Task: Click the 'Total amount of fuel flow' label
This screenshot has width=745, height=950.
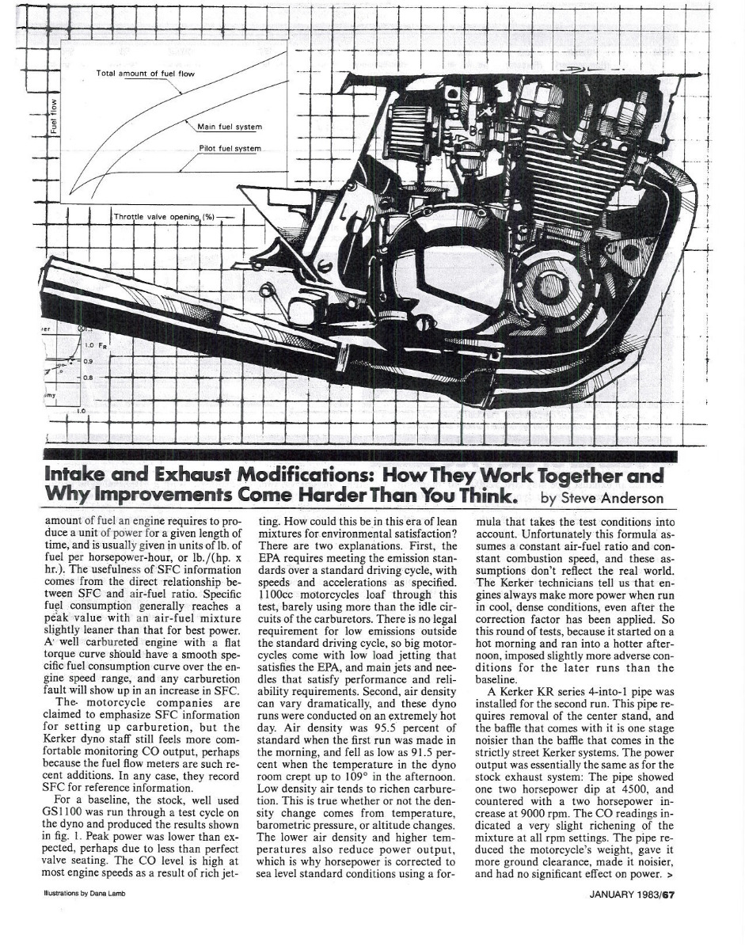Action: (145, 74)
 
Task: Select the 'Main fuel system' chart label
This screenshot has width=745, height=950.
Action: (230, 127)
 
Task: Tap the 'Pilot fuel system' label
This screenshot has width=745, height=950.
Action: (230, 150)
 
